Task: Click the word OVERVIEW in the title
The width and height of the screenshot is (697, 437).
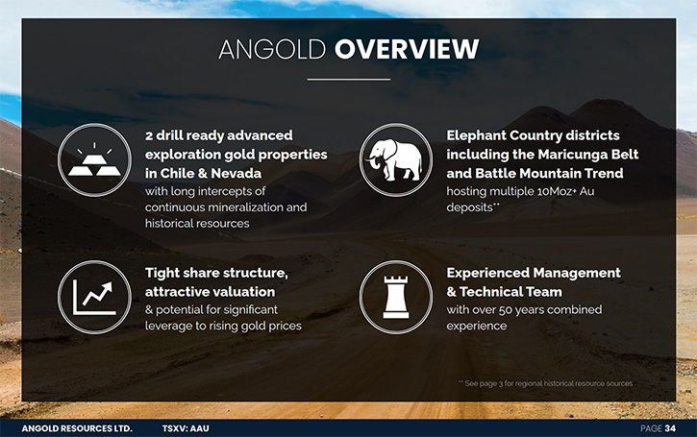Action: [407, 49]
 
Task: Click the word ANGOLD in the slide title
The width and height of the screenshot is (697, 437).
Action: [272, 49]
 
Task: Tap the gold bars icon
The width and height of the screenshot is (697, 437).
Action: [94, 159]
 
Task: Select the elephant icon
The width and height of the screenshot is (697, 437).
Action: [396, 159]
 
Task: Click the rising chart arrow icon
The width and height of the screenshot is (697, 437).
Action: [94, 297]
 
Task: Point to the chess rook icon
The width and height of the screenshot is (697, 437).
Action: [396, 297]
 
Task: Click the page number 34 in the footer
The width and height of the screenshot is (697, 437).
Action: [670, 428]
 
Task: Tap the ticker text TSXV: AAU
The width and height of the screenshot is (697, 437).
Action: [186, 428]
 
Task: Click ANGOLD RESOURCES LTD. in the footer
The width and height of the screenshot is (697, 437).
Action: [77, 428]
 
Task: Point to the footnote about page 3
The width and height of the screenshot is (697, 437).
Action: [545, 383]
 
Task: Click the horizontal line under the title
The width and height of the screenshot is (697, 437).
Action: [349, 80]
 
